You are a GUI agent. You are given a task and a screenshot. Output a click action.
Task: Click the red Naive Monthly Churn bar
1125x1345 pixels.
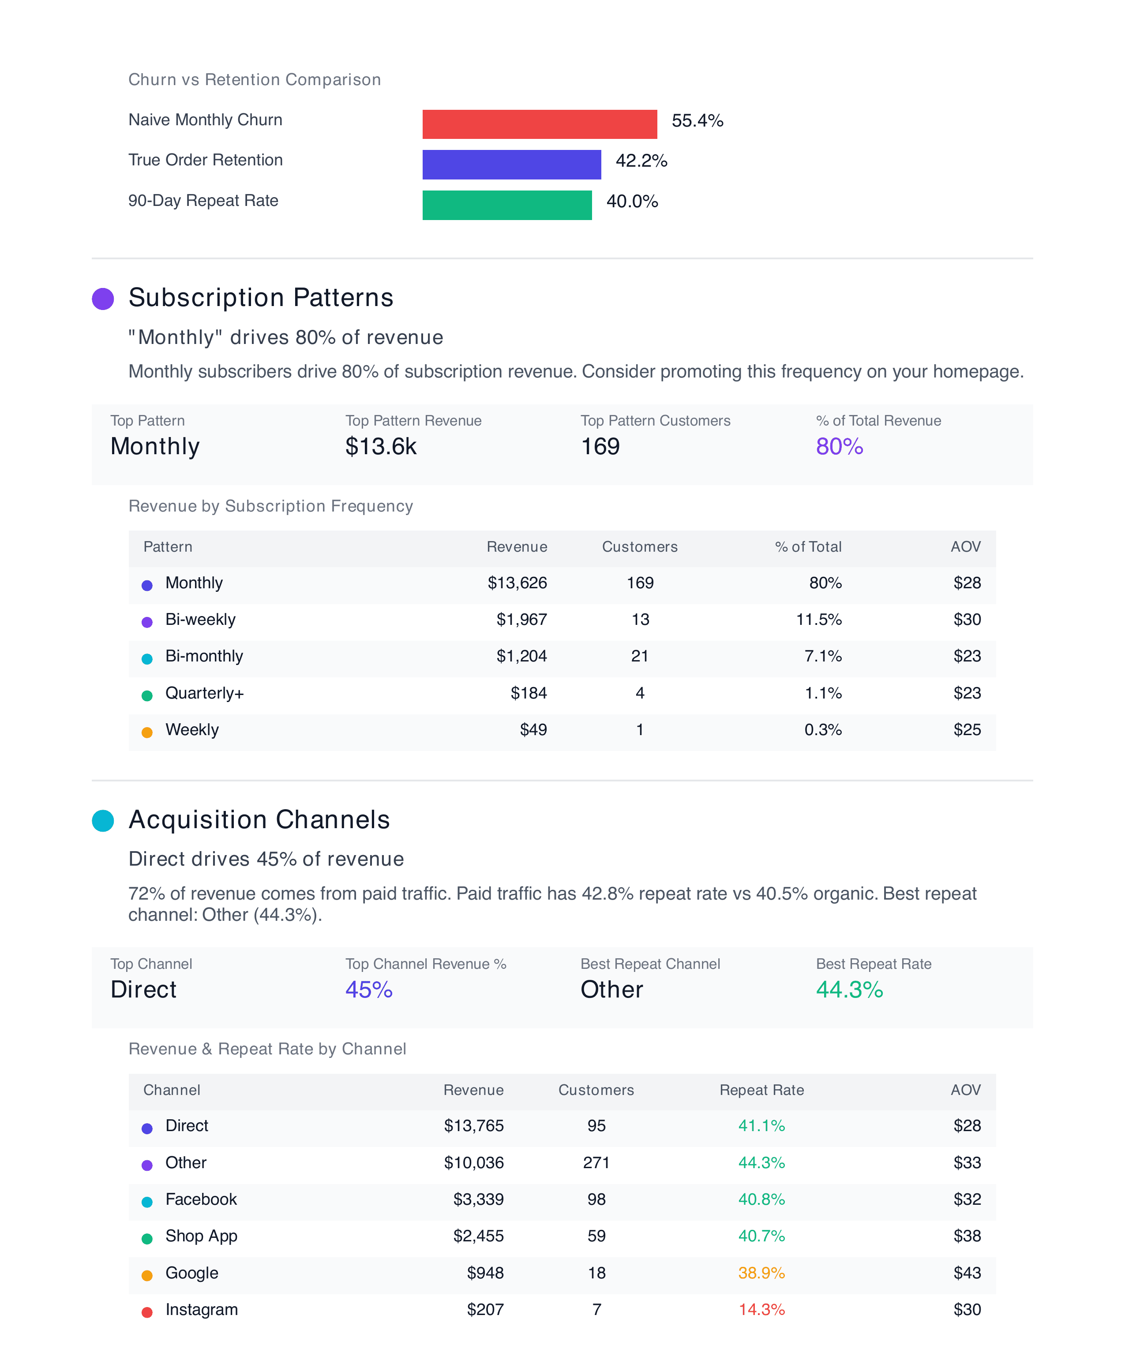tap(540, 124)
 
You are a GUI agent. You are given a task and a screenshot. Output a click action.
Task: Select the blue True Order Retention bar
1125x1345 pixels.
tap(511, 164)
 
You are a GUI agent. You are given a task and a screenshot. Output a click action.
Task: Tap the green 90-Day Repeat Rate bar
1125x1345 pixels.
tap(507, 205)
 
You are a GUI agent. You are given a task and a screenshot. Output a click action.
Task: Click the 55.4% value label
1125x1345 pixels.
tap(697, 120)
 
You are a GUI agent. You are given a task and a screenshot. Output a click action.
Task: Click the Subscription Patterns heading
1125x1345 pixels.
tap(261, 298)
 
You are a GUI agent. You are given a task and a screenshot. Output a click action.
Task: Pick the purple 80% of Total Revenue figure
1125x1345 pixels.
tap(839, 446)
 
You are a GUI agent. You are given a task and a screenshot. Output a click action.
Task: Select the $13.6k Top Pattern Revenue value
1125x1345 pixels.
tap(381, 446)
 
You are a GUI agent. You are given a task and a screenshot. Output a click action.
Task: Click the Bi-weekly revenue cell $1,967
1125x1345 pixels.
tap(521, 619)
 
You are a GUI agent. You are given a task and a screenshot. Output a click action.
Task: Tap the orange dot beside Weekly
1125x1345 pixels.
tap(147, 732)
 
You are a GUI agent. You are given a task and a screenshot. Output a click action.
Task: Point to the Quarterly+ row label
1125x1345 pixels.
tap(204, 693)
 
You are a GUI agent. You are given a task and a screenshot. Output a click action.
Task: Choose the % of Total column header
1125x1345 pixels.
tap(808, 547)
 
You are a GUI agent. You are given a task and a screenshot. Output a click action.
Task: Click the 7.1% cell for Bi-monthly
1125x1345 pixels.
tap(823, 656)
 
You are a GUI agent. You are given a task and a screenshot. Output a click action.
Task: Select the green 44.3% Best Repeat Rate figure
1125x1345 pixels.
tap(849, 990)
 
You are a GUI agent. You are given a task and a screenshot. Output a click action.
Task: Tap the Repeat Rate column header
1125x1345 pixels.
tap(761, 1090)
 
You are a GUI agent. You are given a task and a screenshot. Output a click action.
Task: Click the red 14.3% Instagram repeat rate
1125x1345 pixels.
tap(761, 1309)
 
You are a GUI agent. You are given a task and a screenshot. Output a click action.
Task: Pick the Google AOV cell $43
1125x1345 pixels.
tap(967, 1273)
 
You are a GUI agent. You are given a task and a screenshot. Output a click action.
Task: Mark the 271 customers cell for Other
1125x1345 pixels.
tap(596, 1162)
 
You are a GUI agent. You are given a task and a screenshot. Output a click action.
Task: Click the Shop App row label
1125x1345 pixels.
tap(201, 1236)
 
